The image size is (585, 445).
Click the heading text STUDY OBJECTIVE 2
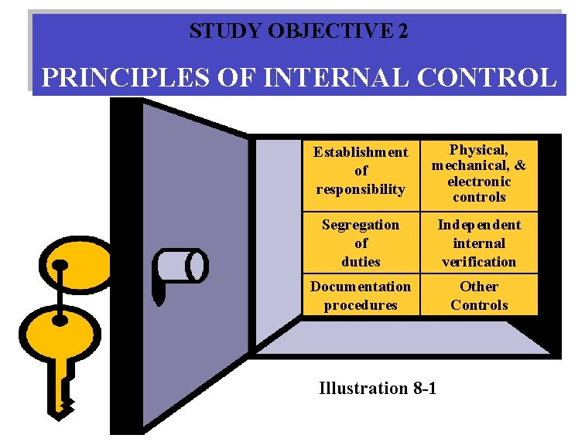tap(299, 31)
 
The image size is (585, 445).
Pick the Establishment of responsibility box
tap(360, 171)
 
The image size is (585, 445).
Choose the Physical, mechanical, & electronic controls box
tap(479, 172)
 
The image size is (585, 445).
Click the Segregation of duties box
tap(360, 243)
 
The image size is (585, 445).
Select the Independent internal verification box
tap(479, 243)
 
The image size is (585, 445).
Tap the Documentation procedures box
tap(360, 295)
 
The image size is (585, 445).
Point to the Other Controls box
tap(479, 295)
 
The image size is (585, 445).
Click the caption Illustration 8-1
tap(378, 388)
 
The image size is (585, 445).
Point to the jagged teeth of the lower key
tap(67, 402)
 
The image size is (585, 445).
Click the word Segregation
tap(361, 225)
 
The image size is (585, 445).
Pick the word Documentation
tap(361, 287)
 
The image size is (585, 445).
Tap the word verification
tap(479, 262)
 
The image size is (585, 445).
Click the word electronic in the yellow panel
tap(479, 182)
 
